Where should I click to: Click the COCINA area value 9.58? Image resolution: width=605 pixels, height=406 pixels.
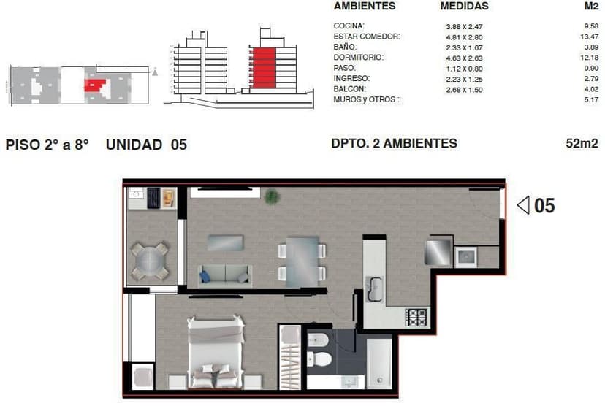[591, 26]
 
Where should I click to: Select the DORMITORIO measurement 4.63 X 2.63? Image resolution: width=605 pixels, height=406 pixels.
[464, 58]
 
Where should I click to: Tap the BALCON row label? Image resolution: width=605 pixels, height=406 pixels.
[349, 88]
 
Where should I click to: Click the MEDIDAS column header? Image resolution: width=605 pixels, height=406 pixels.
[465, 6]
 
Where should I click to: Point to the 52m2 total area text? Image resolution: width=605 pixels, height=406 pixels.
[582, 143]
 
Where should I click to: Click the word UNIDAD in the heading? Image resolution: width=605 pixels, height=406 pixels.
[134, 145]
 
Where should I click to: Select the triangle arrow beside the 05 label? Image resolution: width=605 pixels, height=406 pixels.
[523, 205]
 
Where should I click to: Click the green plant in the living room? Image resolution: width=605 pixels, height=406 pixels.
[272, 196]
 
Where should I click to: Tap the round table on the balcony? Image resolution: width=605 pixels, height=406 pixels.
[150, 261]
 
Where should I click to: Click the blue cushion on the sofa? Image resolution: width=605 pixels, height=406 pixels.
[205, 277]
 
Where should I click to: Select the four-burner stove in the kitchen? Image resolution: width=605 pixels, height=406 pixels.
[416, 318]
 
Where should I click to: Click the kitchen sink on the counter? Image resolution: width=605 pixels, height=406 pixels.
[374, 288]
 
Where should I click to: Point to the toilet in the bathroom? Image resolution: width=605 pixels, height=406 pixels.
[319, 359]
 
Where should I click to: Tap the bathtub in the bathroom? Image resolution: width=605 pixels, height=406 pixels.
[379, 363]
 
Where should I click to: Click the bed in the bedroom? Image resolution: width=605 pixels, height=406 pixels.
[216, 353]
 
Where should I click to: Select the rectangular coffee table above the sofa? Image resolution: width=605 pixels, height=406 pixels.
[225, 243]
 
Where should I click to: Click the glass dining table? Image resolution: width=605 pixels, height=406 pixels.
[302, 262]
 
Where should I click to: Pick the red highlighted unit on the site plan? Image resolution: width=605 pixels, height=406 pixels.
[95, 85]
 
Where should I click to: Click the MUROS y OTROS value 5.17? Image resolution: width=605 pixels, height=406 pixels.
[591, 99]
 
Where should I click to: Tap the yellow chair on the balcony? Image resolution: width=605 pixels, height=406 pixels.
[168, 198]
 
